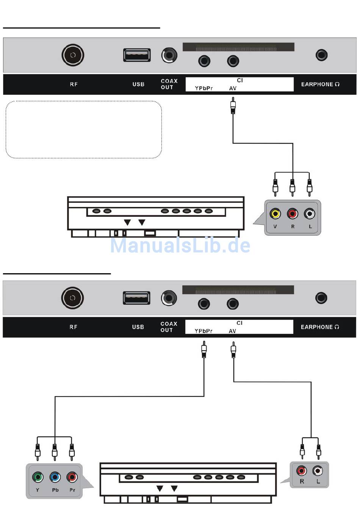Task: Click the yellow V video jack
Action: pos(275,214)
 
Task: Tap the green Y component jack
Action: pos(38,477)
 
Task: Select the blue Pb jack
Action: pos(55,477)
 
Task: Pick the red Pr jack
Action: pos(72,477)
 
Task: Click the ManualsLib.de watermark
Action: pos(180,245)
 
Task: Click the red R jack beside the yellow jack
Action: pos(292,214)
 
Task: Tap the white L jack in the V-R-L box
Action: pos(310,214)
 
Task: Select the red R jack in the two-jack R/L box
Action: pos(302,471)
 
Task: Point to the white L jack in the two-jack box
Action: pos(318,471)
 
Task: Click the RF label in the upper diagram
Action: pos(74,85)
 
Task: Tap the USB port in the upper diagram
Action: pos(137,55)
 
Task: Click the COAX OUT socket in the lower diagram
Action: pos(169,298)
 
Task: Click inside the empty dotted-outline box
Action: pos(84,130)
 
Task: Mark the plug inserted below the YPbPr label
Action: pos(204,349)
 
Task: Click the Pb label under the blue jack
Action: pos(55,490)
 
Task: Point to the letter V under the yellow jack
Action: pos(275,227)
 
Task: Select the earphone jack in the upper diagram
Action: pos(321,55)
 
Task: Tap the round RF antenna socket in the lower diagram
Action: pos(72,298)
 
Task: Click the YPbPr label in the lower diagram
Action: pos(203,331)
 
